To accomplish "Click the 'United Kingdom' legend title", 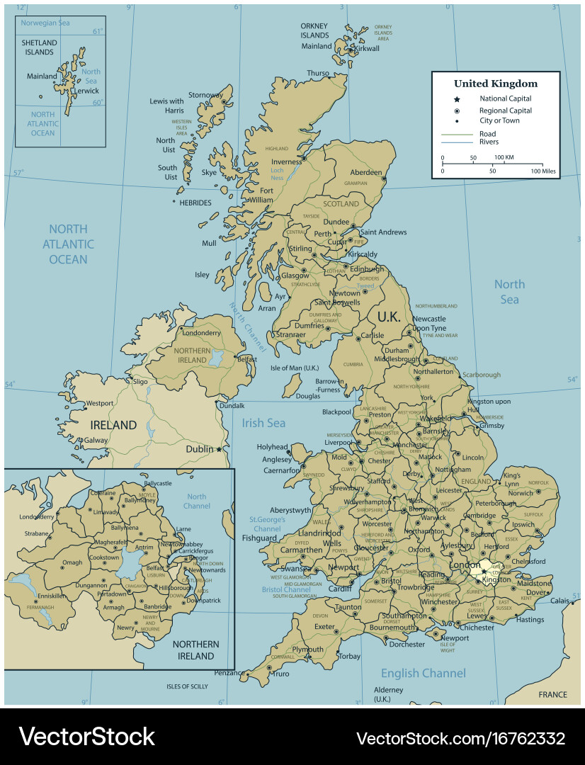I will [x=495, y=84].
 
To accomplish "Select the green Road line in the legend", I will [x=458, y=134].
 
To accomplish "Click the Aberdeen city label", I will [x=365, y=172].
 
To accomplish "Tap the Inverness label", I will [x=286, y=161].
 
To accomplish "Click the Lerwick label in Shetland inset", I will [x=87, y=91].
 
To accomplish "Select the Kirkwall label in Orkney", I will [x=367, y=48].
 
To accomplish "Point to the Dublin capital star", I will [x=220, y=449].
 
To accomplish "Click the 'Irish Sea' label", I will [x=263, y=423].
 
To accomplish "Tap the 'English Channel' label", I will [x=423, y=673].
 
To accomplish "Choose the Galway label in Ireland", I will [x=95, y=440].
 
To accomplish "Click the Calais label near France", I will [x=560, y=601].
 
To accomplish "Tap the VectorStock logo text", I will [x=86, y=736].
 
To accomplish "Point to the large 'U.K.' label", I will [x=389, y=317].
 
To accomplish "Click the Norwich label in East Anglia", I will [x=520, y=493].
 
